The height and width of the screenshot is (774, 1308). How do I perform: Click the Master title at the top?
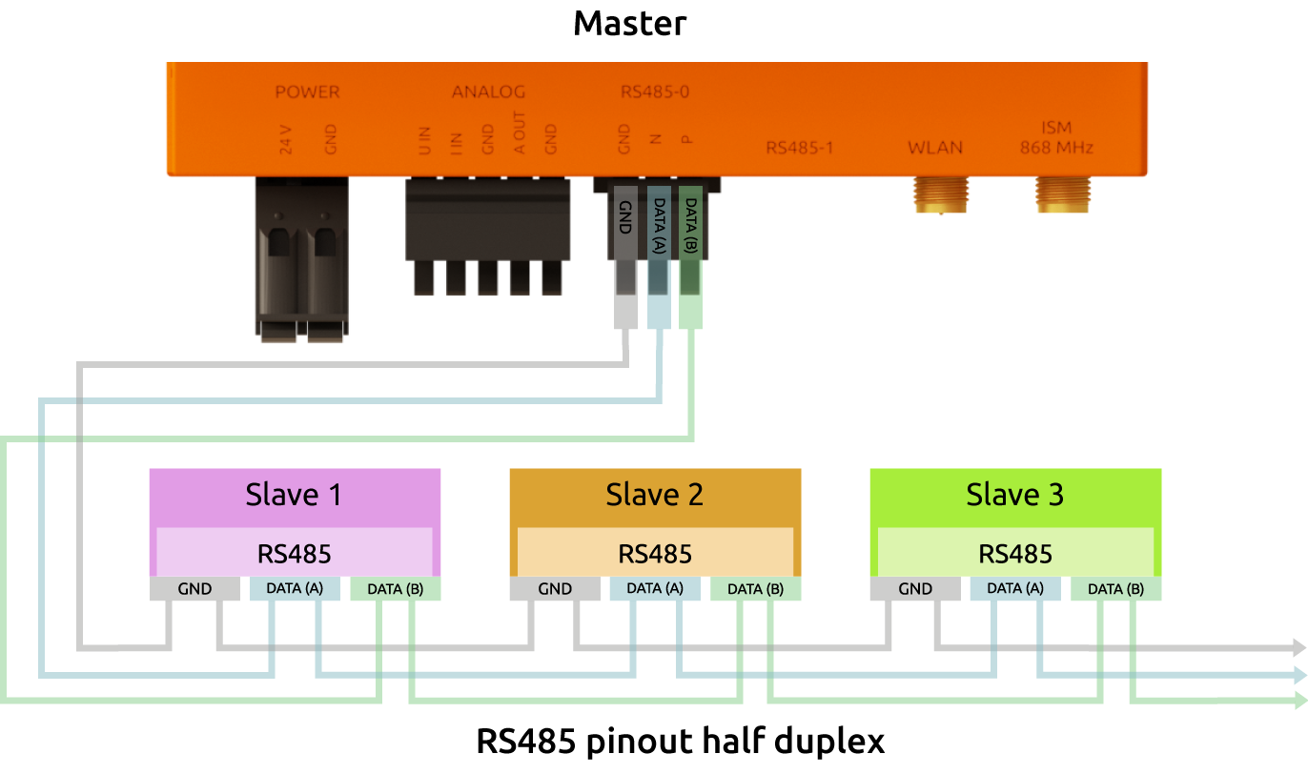tap(629, 23)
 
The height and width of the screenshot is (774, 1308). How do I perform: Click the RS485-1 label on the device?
tap(801, 148)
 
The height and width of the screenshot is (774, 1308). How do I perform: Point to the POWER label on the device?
tap(307, 92)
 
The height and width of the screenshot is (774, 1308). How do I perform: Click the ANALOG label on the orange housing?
tap(488, 92)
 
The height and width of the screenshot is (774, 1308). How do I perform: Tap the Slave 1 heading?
tap(294, 495)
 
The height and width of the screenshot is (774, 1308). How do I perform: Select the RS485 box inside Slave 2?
tap(655, 554)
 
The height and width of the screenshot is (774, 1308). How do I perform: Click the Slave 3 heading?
tap(1014, 495)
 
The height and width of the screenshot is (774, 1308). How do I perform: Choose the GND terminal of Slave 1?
tap(194, 589)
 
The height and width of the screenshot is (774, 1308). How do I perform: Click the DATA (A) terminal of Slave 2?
tap(655, 589)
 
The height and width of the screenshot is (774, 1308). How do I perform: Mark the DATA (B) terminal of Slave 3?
tap(1114, 589)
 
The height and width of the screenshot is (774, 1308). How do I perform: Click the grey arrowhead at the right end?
tap(1298, 648)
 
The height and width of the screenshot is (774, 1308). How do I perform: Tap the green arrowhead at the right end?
tap(1298, 702)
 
